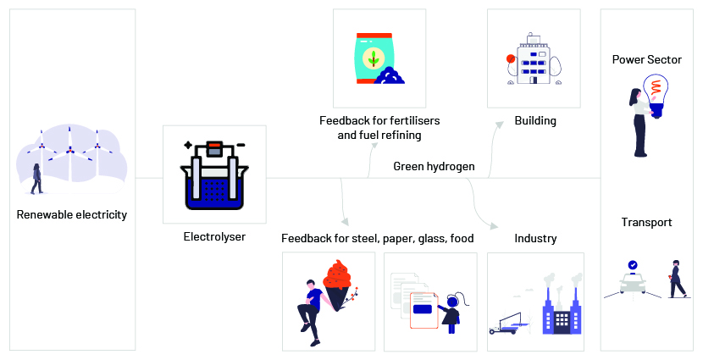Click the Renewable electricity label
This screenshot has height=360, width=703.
point(72,215)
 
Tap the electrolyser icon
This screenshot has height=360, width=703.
point(214,174)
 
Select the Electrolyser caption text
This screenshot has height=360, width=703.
point(214,236)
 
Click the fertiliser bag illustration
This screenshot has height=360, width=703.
point(379,58)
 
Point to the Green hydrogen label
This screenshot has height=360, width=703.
point(434,167)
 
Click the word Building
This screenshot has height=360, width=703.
point(535,120)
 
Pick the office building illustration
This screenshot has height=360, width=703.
point(533,58)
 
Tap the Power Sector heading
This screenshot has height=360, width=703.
point(646,59)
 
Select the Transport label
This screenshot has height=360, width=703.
point(646,223)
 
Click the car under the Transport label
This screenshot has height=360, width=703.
point(633,282)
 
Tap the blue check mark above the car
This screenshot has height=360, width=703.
point(633,265)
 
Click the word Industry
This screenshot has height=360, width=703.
point(535,239)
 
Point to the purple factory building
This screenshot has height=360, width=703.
point(562,313)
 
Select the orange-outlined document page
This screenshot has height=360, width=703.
point(423,310)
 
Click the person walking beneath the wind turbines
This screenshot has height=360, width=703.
point(36,179)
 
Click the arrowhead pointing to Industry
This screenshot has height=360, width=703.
point(495,226)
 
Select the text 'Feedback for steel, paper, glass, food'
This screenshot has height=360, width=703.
point(378,239)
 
